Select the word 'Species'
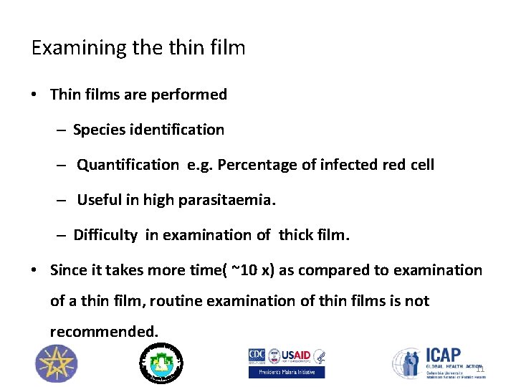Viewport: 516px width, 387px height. click(98, 130)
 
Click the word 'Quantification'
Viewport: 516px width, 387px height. click(128, 165)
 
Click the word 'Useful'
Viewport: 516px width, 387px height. click(100, 200)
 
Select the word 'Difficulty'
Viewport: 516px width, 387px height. click(105, 235)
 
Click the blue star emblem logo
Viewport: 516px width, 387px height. click(54, 363)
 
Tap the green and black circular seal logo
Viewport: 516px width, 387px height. click(161, 362)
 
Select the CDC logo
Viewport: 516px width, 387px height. click(257, 355)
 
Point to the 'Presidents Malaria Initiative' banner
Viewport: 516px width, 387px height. click(286, 372)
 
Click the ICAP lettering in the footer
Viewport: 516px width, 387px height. click(444, 355)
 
